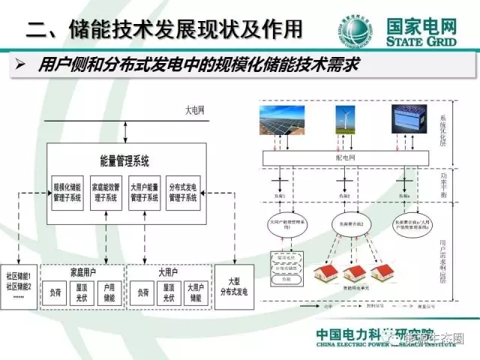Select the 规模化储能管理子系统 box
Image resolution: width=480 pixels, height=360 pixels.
point(66,192)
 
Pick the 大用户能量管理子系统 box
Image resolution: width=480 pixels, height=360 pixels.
point(144,192)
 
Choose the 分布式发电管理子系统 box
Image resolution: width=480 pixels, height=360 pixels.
point(182,192)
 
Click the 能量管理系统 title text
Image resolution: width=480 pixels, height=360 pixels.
point(124,160)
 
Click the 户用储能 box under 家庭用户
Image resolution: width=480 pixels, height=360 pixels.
point(109,292)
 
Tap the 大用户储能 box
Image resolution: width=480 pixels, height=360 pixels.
point(195,292)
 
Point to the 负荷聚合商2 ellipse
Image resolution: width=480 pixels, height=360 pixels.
point(347,223)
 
